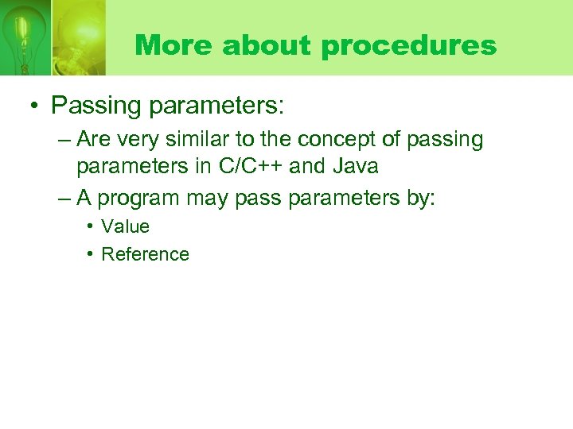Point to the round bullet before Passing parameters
(x=36, y=105)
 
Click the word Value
(x=125, y=226)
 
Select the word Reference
(x=145, y=254)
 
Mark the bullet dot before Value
(x=91, y=226)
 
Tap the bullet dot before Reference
(x=91, y=254)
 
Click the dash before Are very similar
(x=64, y=141)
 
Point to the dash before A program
(x=64, y=199)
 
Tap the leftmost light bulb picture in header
(x=24, y=36)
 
